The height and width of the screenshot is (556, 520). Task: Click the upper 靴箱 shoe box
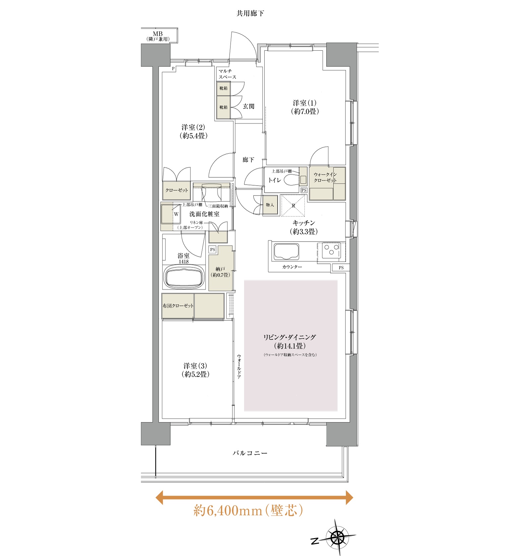223,88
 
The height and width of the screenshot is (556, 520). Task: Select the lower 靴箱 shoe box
223,107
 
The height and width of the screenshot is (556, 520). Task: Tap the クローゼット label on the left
176,191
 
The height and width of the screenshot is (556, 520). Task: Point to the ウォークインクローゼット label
325,177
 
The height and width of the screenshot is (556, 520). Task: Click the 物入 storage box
270,205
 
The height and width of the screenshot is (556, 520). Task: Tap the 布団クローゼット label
178,306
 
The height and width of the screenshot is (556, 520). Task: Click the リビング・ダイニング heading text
290,337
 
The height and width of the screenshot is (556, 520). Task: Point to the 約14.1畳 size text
290,346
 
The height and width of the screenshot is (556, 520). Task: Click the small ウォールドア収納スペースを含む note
290,355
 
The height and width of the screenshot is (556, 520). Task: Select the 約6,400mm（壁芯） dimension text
248,511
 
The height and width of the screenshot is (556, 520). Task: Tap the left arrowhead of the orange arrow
160,497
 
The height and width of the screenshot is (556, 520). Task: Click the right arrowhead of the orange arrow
349,497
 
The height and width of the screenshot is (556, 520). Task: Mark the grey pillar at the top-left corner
156,55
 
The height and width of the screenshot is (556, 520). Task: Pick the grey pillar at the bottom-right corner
341,434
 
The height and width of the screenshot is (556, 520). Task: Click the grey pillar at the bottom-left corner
156,433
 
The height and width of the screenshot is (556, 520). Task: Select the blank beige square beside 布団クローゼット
209,306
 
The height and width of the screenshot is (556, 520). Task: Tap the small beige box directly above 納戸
218,237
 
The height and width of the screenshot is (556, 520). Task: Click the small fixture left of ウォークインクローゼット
303,177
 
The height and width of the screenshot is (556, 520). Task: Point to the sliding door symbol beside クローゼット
212,186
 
